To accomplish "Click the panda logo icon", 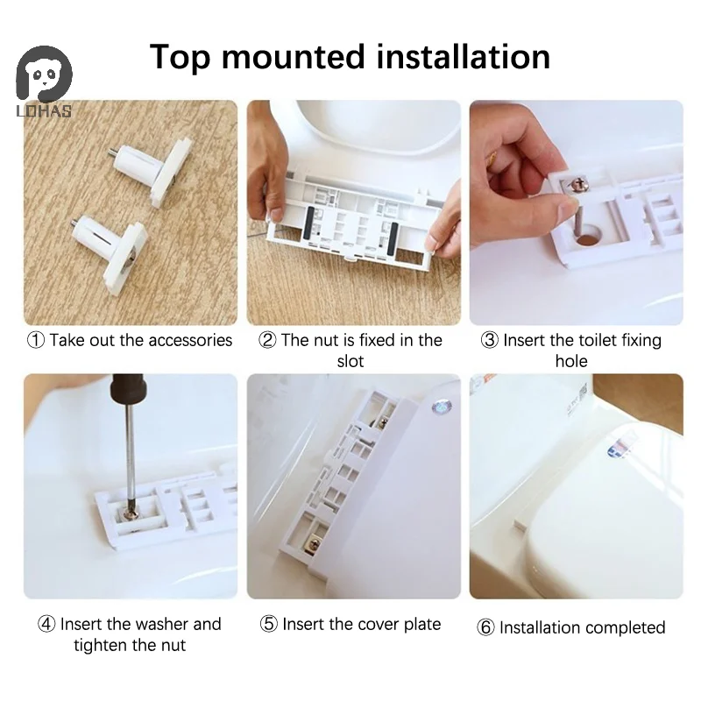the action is click(x=44, y=74).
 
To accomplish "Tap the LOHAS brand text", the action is click(x=44, y=111).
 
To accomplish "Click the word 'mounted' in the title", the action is click(x=293, y=57).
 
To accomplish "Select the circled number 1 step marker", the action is click(x=36, y=340).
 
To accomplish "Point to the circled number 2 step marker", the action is click(x=267, y=340).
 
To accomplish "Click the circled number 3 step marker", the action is click(x=490, y=340).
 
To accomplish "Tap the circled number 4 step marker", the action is click(x=46, y=624).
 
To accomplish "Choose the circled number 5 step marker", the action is click(x=269, y=624).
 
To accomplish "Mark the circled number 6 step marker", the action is click(x=486, y=627).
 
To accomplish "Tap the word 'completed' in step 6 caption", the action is click(x=624, y=628).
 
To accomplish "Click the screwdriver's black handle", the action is click(x=129, y=388).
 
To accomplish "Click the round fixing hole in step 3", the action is click(x=587, y=235).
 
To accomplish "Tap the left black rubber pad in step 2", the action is click(x=310, y=223).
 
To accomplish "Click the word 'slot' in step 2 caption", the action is click(x=350, y=361).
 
